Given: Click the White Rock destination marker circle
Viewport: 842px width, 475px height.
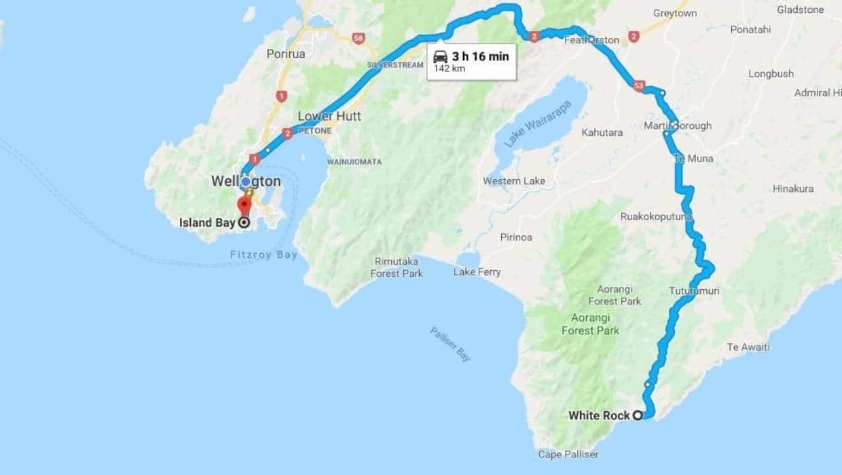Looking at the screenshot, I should click(638, 415).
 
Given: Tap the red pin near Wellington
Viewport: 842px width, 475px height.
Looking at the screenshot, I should click(244, 204).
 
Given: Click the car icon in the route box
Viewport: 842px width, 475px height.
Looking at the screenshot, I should click(440, 56).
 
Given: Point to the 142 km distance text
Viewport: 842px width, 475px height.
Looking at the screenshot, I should click(449, 69).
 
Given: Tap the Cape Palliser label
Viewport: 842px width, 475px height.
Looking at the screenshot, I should click(568, 454).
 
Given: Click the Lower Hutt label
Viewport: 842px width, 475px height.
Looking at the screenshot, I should click(329, 116).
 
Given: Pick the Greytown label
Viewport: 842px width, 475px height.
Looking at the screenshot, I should click(675, 13).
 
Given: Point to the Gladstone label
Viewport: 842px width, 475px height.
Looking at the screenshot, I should click(800, 9).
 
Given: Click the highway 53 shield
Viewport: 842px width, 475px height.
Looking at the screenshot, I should click(638, 85).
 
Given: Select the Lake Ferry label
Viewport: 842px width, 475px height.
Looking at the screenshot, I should click(477, 272).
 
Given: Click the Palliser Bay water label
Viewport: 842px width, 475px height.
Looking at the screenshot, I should click(450, 343).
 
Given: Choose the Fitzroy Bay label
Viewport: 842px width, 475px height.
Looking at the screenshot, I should click(263, 255).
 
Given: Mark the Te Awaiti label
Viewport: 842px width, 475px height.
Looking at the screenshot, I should click(748, 347).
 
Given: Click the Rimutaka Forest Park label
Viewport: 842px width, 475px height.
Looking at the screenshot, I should click(397, 267).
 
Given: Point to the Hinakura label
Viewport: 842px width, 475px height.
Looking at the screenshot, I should click(792, 189).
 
